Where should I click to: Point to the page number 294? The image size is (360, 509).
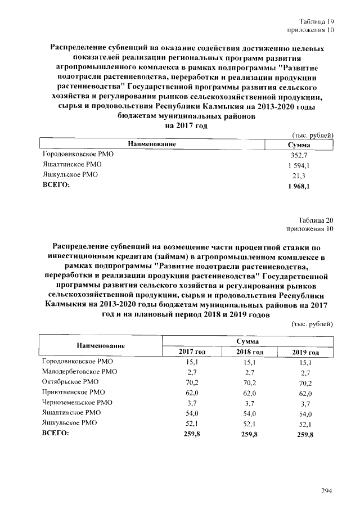click(x=327, y=490)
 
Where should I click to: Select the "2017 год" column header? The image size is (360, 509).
click(x=192, y=352)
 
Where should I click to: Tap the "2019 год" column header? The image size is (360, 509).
click(x=305, y=352)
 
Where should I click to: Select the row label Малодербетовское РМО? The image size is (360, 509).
click(x=80, y=372)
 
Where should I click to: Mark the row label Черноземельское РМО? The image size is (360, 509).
click(x=78, y=402)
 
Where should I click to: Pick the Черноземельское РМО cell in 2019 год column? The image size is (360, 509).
click(x=306, y=403)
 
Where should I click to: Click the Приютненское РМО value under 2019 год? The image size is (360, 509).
click(x=306, y=393)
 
